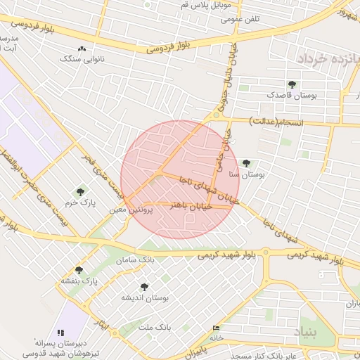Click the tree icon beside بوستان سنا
click(245, 163)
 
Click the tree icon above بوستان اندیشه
click(144, 287)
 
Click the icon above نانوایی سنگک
click(82, 49)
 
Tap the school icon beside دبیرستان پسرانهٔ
click(60, 332)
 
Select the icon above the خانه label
click(215, 328)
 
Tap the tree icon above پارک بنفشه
click(78, 270)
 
